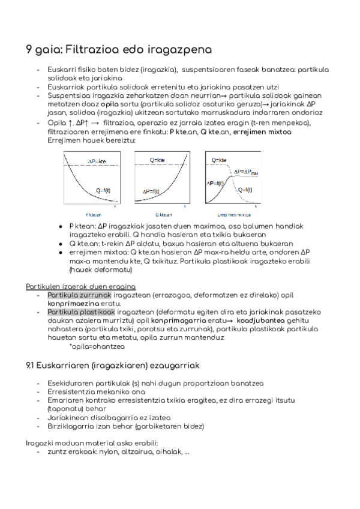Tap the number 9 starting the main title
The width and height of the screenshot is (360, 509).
pos(29,49)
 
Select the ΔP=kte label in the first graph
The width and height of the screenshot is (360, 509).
pos(97,161)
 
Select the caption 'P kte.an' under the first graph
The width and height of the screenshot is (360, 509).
pos(95,214)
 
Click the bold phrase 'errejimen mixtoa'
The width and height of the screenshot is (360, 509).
pos(263,131)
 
